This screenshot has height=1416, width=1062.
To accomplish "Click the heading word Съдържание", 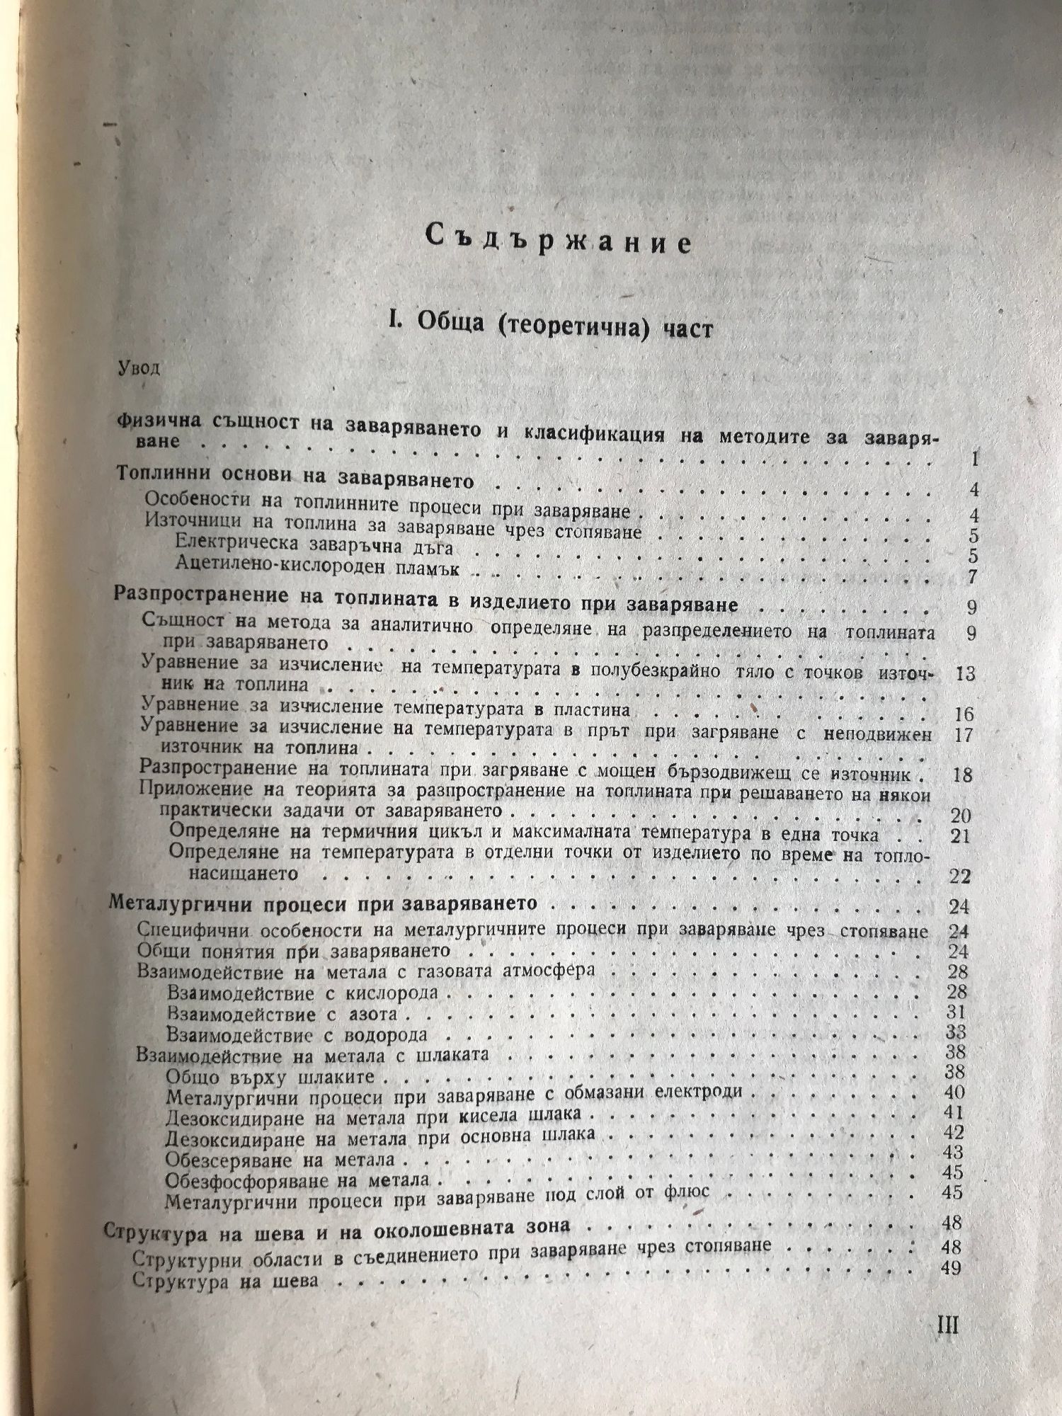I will pyautogui.click(x=559, y=241).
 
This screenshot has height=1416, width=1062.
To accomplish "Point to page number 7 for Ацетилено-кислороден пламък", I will pyautogui.click(x=972, y=576).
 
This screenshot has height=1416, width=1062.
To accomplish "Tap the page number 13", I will pyautogui.click(x=964, y=673).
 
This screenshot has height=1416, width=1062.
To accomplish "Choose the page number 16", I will pyautogui.click(x=964, y=714).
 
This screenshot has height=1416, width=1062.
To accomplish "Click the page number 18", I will pyautogui.click(x=963, y=774).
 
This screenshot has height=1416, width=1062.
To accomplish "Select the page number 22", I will pyautogui.click(x=960, y=877).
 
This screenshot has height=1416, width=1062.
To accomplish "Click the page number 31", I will pyautogui.click(x=957, y=1012).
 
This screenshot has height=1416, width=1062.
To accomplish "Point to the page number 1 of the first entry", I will pyautogui.click(x=975, y=459).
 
